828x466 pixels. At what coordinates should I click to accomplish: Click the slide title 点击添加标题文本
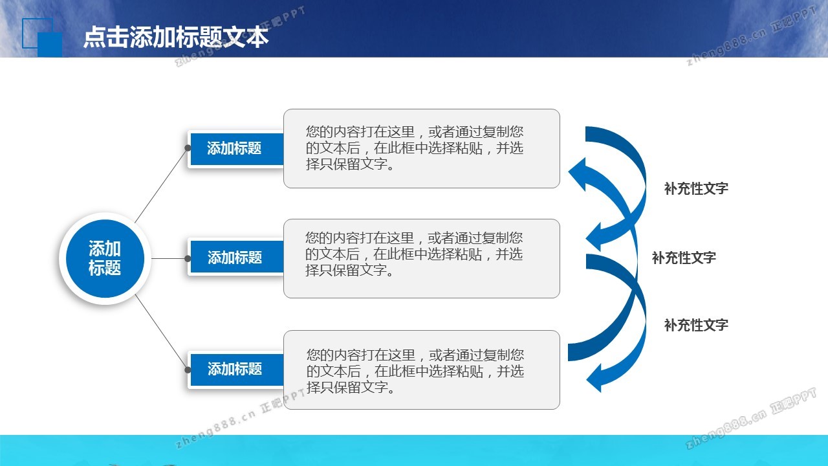(x=176, y=38)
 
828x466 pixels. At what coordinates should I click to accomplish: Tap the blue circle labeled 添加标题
(x=105, y=258)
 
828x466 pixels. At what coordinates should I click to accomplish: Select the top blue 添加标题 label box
(x=237, y=149)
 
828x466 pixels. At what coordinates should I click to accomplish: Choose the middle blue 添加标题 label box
(x=237, y=258)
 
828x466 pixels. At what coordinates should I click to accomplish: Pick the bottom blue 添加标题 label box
(x=237, y=370)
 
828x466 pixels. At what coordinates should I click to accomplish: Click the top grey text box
(x=421, y=148)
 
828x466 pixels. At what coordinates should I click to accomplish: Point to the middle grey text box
(x=421, y=258)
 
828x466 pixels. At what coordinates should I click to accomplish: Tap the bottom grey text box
(x=421, y=370)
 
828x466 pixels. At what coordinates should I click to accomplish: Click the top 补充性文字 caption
(x=696, y=188)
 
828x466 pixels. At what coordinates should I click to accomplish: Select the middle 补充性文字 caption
(x=684, y=258)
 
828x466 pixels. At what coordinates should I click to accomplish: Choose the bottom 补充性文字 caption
(x=696, y=325)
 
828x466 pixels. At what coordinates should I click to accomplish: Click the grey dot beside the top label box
(x=188, y=148)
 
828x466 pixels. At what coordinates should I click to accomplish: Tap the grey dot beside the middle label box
(x=188, y=258)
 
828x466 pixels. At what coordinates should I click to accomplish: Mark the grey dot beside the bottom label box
(x=188, y=370)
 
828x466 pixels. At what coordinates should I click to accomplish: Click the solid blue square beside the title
(x=50, y=45)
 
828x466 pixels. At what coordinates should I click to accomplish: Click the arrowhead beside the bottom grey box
(x=594, y=378)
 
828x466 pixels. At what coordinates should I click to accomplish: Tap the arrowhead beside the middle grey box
(x=594, y=237)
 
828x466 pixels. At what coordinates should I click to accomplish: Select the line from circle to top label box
(x=161, y=186)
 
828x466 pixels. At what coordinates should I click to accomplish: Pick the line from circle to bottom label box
(x=161, y=332)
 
